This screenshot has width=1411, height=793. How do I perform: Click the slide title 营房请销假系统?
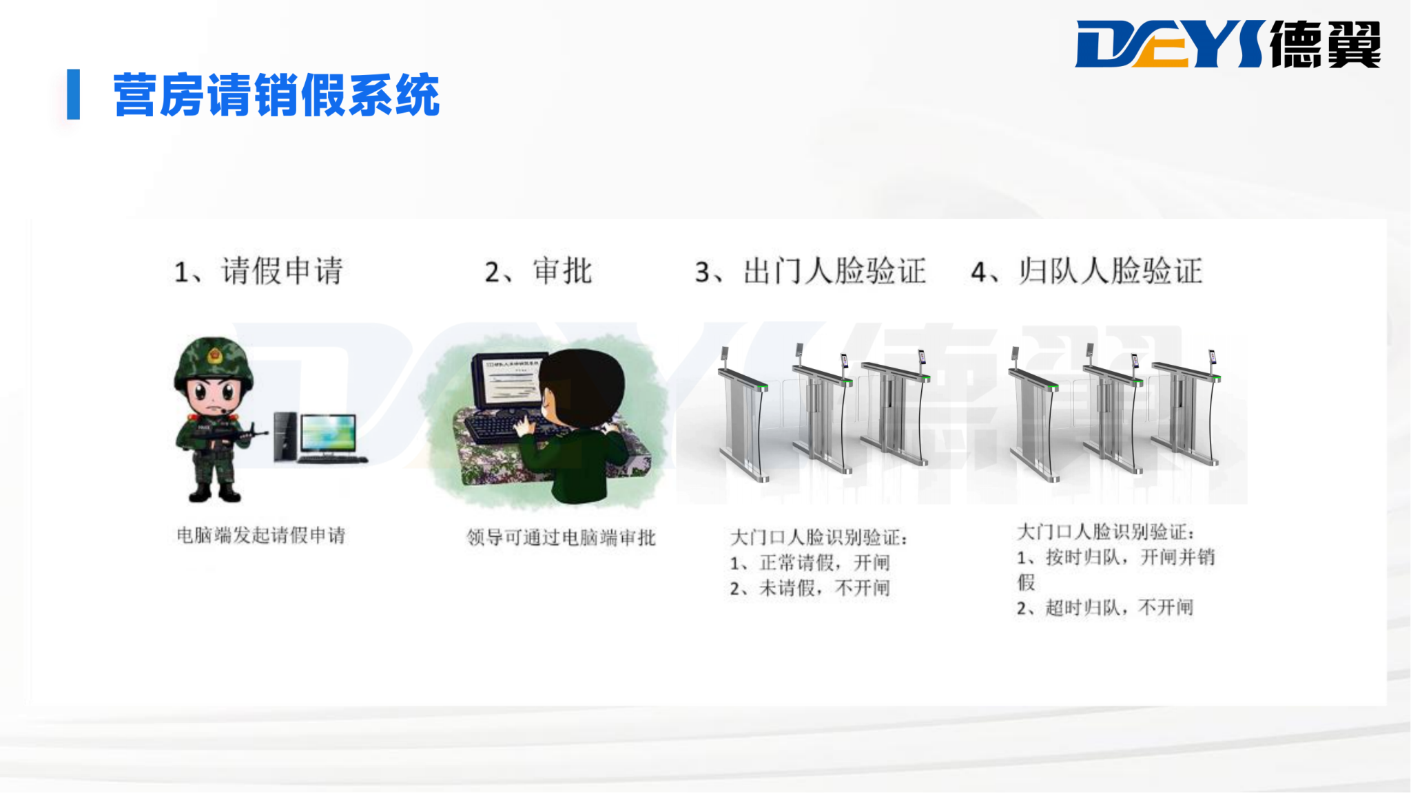coord(276,95)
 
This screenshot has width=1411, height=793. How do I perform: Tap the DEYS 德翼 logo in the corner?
coord(1228,44)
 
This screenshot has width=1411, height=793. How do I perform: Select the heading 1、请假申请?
coord(258,271)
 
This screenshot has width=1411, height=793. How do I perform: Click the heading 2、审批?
coord(538,271)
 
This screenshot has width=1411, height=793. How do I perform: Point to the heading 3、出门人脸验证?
coord(810,271)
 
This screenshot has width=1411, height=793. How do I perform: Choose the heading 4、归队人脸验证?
coord(1086,271)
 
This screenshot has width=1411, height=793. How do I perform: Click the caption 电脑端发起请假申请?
coord(261,535)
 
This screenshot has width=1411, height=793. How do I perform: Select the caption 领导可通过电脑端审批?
coord(561,537)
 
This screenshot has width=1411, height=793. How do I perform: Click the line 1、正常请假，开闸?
coord(810,562)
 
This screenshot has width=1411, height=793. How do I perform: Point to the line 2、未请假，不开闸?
coord(810,588)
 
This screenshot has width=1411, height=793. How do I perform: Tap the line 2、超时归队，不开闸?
coord(1104,607)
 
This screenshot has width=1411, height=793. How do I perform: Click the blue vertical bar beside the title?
coord(73,94)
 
